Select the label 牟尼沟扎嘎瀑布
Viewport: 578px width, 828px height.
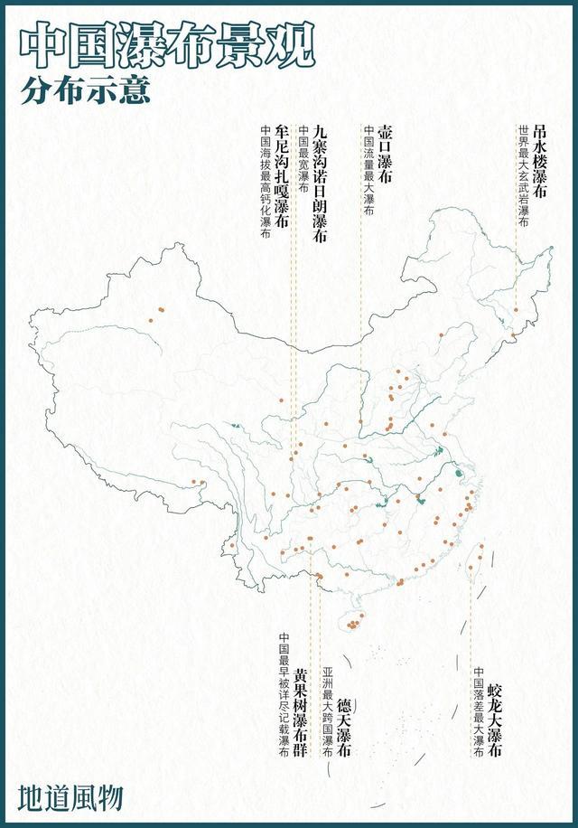pos(281,180)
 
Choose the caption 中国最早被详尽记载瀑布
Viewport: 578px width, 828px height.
pos(284,692)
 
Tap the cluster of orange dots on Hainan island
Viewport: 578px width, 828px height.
pos(354,622)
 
